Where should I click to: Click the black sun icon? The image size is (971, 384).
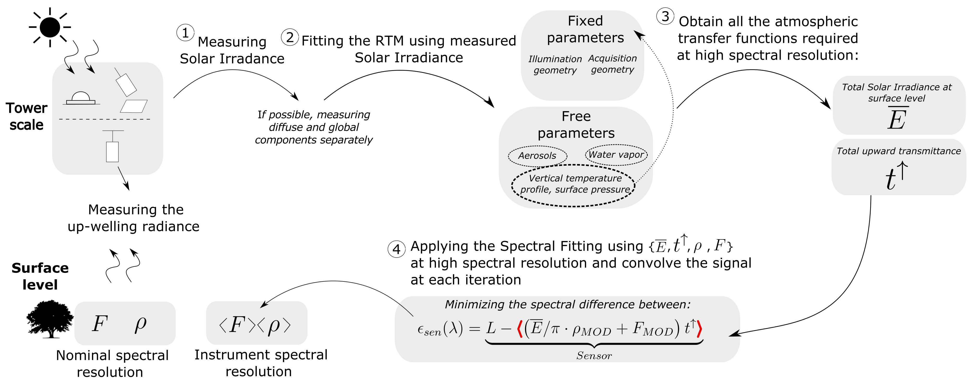point(50,27)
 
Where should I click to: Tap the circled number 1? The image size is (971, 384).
point(185,33)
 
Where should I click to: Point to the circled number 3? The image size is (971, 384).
point(665,17)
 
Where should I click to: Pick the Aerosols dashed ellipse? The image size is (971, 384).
point(537,156)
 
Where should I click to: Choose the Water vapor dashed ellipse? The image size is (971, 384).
point(616,155)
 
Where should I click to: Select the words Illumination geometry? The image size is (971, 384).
point(555,64)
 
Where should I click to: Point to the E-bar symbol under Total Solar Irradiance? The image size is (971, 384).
point(897,118)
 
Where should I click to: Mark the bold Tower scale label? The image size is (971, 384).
point(26,116)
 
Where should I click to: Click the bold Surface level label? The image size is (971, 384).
point(40,276)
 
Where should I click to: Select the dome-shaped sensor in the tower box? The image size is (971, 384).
point(81,98)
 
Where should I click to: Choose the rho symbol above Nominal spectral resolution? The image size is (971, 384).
point(140,324)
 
